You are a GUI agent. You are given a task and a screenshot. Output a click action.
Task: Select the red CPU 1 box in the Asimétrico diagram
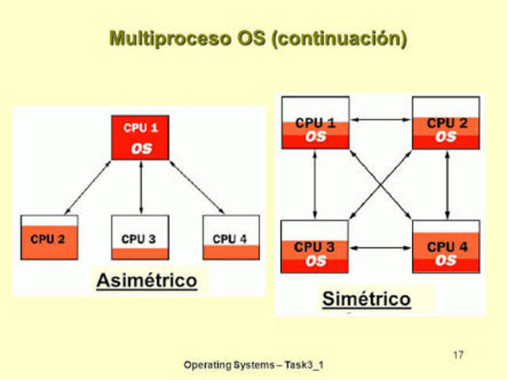coord(140,138)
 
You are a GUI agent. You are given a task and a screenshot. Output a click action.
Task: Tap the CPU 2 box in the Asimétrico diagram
coord(49,237)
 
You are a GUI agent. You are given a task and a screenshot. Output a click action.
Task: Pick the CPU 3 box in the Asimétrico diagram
coord(140,237)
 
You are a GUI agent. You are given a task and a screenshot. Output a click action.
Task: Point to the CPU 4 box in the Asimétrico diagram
coord(231,237)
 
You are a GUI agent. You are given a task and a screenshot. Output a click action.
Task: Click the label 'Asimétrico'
coord(147,280)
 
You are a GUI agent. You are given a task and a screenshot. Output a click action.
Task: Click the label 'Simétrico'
coord(366,298)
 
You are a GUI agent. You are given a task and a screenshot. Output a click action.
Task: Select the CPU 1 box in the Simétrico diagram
coord(315,123)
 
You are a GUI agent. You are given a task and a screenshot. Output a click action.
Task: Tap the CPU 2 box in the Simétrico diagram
coord(445,123)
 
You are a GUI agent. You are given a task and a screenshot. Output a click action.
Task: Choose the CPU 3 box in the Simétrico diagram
coord(315,246)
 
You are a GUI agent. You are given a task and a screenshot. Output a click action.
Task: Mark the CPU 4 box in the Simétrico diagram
coord(445,246)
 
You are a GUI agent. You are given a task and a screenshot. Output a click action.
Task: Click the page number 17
coord(458,354)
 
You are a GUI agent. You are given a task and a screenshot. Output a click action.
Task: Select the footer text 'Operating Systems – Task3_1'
coord(253,365)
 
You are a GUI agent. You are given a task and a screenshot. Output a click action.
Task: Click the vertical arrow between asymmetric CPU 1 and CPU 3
coord(140,187)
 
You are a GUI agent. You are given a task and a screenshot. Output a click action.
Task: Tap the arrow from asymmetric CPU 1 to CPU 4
coord(194,187)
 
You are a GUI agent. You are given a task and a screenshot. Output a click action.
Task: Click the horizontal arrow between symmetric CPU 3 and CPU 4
coord(380,249)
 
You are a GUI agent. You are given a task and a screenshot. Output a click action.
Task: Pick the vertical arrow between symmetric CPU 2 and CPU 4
coord(448,184)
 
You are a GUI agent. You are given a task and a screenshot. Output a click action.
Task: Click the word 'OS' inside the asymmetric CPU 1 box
coord(140,148)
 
